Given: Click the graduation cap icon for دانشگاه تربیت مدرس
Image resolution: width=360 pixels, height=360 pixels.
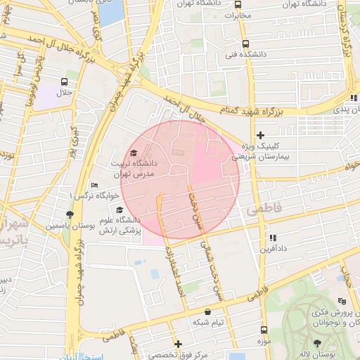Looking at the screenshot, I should [x=134, y=153].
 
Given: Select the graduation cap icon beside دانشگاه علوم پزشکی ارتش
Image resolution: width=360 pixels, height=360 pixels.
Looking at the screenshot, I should [x=119, y=210].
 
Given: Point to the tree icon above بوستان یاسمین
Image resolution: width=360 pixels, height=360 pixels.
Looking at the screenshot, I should [x=69, y=214].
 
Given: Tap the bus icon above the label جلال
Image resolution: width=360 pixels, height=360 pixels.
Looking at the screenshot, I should [x=65, y=82].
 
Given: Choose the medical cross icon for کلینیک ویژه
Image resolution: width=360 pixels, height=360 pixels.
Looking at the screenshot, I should [x=260, y=134].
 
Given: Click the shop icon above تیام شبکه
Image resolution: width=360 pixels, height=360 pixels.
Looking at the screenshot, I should [x=207, y=311].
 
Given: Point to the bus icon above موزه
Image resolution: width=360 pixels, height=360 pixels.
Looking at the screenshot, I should [x=264, y=329].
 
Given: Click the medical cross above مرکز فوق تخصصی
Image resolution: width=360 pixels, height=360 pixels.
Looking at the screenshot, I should [x=179, y=344].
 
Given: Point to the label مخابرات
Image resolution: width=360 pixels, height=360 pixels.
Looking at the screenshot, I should [x=241, y=14].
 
